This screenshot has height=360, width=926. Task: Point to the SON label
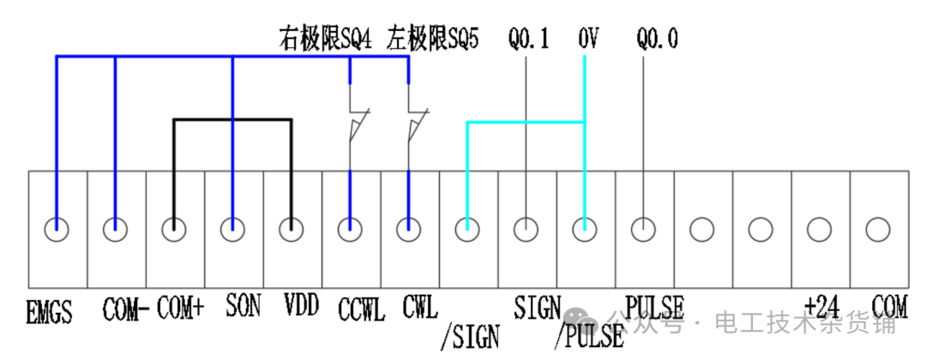[243, 306]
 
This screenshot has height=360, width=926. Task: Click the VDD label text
[300, 306]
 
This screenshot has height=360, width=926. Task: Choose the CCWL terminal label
[361, 309]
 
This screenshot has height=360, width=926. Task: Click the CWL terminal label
[419, 306]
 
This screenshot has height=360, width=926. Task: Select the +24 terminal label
[820, 305]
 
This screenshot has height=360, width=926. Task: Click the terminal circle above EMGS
[57, 229]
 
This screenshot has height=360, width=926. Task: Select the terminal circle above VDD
[292, 229]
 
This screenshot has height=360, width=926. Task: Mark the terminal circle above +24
[820, 229]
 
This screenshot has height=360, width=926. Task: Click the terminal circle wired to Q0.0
[643, 229]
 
